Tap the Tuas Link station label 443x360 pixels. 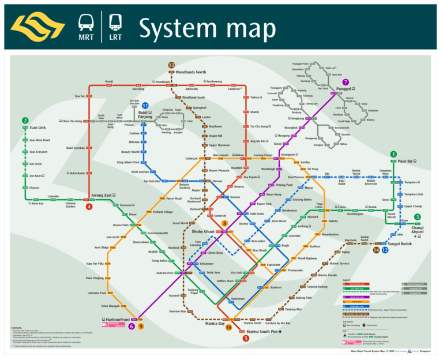click(x=37, y=127)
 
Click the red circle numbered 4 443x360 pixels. click(x=89, y=207)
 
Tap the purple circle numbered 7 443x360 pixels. click(x=346, y=82)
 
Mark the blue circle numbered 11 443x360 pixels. click(x=145, y=106)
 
